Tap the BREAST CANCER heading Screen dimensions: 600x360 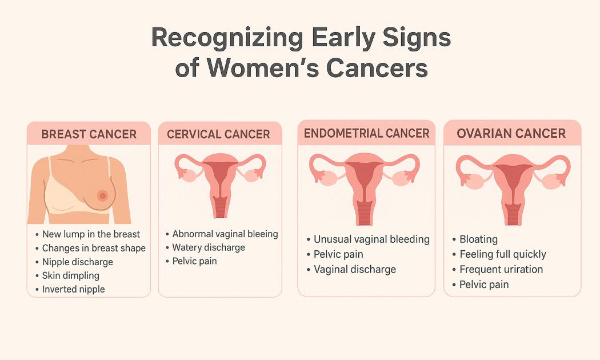pos(89,134)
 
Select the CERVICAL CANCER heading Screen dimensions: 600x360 pos(218,134)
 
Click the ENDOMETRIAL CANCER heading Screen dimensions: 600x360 pos(367,133)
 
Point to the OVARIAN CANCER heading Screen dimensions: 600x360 pos(511,133)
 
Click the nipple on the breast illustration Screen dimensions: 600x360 pos(102,195)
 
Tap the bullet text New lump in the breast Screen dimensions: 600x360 pos(91,234)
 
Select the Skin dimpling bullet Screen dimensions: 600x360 pos(70,275)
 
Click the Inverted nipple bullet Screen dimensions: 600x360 pos(74,289)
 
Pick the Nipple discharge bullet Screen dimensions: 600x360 pos(78,262)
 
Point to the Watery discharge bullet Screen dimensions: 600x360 pos(209,247)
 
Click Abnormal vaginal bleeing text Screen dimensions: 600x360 pos(225,234)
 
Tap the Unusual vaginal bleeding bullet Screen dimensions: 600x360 pos(371,239)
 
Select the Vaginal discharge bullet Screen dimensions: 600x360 pos(355,269)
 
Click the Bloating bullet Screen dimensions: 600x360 pos(478,239)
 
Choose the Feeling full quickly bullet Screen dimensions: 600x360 pos(503,254)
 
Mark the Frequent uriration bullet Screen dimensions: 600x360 pos(501,269)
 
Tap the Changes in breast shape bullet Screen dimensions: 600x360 pos(94,249)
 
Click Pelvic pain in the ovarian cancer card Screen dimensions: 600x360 pos(484,285)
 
